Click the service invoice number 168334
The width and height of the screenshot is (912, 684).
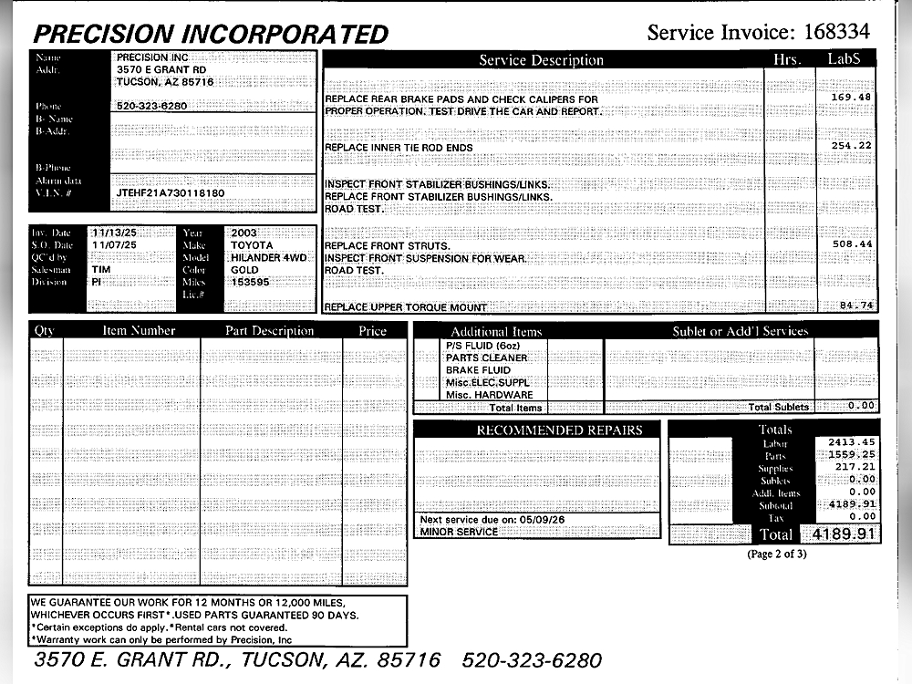point(836,33)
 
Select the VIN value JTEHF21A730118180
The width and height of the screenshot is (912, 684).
point(171,193)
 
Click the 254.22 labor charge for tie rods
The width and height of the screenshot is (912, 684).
point(851,146)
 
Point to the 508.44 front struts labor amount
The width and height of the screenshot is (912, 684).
point(851,244)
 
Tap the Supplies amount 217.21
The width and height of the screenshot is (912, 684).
point(855,467)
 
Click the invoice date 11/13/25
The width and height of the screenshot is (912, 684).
point(114,233)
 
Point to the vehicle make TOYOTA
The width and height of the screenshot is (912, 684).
point(252,245)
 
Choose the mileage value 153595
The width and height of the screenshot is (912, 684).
point(252,283)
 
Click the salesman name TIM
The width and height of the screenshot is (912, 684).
point(101,270)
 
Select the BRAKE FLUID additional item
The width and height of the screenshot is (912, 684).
point(478,370)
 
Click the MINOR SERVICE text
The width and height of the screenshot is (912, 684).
point(459,532)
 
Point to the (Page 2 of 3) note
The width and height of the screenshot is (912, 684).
point(776,554)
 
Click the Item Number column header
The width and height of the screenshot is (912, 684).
point(139,330)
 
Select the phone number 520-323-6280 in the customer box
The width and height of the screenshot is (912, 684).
point(152,106)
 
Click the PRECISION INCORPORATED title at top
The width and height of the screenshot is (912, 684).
point(211,35)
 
